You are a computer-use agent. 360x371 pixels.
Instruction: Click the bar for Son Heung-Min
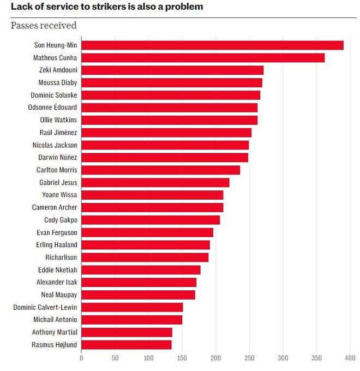click(x=212, y=45)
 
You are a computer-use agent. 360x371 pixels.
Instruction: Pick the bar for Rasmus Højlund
click(x=127, y=345)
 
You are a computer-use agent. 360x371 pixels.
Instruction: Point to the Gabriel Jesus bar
click(x=155, y=182)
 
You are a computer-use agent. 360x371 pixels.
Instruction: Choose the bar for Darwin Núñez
click(x=165, y=158)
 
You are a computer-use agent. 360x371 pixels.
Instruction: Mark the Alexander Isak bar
click(x=139, y=282)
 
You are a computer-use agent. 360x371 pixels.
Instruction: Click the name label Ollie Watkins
click(x=58, y=120)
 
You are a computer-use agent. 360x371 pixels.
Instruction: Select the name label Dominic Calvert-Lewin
click(x=45, y=307)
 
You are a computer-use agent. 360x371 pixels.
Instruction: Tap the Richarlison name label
click(x=61, y=258)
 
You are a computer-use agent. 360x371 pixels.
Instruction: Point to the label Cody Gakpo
click(x=61, y=220)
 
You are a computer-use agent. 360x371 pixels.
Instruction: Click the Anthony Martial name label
click(x=55, y=332)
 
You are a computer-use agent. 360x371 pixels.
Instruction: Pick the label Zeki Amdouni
click(x=58, y=70)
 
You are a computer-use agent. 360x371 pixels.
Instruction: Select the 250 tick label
click(x=249, y=358)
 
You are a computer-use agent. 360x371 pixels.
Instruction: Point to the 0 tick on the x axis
click(x=81, y=358)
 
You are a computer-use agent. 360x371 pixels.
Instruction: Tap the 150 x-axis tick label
click(x=182, y=358)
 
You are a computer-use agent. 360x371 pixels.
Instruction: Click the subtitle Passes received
click(x=44, y=26)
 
